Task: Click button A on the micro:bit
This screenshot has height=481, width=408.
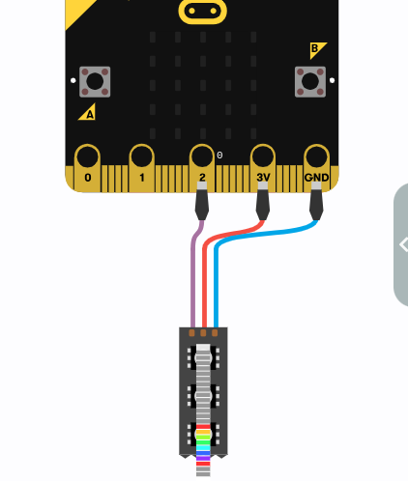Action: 95,82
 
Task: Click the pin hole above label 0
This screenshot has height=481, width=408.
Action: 87,157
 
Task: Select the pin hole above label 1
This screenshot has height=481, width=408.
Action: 141,157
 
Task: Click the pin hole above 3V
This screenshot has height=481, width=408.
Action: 263,157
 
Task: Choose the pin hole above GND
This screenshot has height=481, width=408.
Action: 316,157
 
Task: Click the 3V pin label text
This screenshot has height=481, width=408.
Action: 263,178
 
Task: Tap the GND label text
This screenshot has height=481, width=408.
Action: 316,178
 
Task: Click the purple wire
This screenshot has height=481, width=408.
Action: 193,273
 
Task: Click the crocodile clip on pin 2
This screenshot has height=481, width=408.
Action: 202,201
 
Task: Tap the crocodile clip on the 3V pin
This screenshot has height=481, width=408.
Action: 263,201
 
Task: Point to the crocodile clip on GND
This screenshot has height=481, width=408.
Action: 316,201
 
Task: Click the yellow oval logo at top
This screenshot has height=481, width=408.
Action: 202,11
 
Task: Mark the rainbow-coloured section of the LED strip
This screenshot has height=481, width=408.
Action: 203,445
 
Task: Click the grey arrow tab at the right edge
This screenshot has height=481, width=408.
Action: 401,244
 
